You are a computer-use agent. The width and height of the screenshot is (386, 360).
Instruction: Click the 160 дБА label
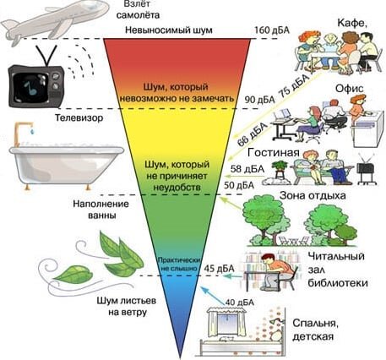click(272, 30)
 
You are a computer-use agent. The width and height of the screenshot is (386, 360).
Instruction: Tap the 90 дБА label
click(259, 100)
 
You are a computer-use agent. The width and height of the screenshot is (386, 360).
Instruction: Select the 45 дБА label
click(219, 269)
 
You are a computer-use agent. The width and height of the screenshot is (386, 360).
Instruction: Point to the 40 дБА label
click(240, 303)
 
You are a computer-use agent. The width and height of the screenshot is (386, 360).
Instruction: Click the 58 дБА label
click(247, 169)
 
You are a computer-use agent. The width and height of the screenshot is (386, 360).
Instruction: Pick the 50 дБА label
click(239, 185)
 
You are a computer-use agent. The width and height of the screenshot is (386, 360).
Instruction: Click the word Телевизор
click(79, 117)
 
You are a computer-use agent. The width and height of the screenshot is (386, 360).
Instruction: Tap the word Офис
click(350, 89)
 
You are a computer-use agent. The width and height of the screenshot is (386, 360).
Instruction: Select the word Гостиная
click(274, 153)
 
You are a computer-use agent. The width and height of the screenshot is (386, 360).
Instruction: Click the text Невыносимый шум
click(169, 30)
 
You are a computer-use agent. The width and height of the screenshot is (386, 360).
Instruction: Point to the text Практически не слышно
click(179, 264)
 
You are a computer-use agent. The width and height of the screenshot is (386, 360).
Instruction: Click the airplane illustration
click(54, 22)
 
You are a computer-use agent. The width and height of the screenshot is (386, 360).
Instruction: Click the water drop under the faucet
click(32, 131)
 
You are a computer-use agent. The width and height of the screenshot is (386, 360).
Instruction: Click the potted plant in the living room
click(280, 169)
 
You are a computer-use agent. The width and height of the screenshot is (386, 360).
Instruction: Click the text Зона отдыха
click(313, 195)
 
